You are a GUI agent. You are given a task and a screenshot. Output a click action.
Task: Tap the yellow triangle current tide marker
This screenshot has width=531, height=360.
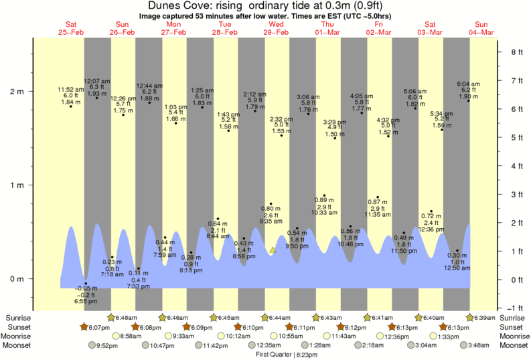(x=273, y=250)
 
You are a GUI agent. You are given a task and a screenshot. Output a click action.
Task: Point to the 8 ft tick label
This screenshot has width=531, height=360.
(x=516, y=52)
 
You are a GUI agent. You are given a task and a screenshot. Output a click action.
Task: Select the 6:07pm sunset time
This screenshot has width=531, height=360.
(x=98, y=327)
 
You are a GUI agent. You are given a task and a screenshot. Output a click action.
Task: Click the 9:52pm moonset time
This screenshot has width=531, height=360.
(x=106, y=345)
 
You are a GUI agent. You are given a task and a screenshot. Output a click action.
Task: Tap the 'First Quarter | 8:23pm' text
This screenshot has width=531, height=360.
(x=287, y=354)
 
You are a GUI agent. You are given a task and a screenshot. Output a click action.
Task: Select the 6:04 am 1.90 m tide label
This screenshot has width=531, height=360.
(x=467, y=90)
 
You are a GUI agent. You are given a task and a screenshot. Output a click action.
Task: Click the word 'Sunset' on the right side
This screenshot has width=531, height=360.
(x=514, y=327)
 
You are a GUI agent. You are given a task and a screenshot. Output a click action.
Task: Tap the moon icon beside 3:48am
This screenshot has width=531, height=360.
(x=465, y=345)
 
